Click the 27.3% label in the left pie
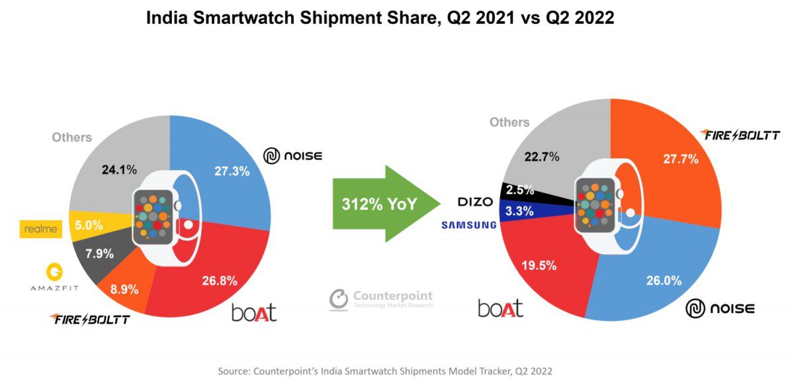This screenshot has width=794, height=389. point(232,171)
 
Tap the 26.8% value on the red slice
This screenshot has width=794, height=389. point(219,281)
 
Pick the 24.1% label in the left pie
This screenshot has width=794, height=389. point(120,169)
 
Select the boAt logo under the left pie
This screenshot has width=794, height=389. point(253,312)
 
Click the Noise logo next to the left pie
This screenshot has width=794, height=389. point(292,156)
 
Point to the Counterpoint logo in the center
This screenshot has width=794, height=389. point(381,298)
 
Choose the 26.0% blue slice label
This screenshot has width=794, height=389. point(664,281)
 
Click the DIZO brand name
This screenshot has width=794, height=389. point(475,202)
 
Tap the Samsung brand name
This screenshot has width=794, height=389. point(468,225)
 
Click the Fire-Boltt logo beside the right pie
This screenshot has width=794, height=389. point(740,136)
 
